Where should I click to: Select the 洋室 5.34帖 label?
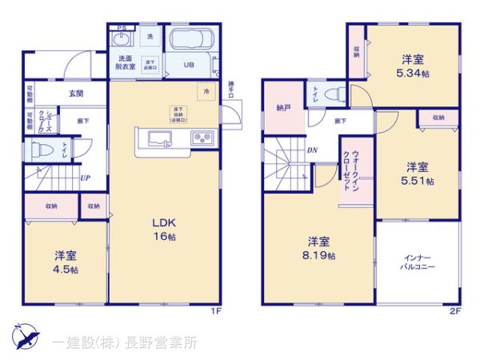click(x=412, y=65)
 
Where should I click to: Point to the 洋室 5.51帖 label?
click(x=416, y=174)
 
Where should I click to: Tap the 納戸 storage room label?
click(x=283, y=108)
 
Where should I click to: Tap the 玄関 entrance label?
click(x=75, y=94)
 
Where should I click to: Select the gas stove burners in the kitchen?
click(x=200, y=138)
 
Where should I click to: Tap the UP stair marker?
click(x=84, y=178)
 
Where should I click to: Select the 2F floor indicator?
click(x=456, y=311)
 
